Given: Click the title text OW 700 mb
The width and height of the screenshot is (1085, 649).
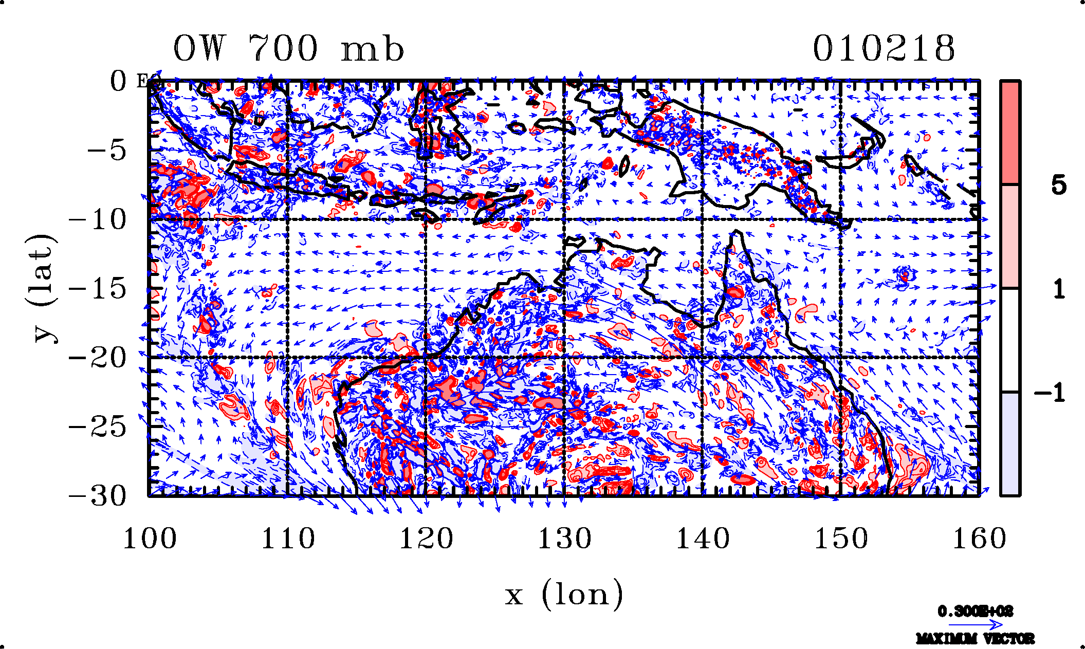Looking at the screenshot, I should point(288,49).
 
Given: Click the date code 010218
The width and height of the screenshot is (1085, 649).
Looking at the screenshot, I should point(884,49).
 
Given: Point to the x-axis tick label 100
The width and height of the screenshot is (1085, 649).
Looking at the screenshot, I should point(150,539).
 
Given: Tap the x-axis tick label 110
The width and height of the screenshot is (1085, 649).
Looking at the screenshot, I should point(288,539).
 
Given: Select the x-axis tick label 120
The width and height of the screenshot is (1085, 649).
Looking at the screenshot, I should point(426,539).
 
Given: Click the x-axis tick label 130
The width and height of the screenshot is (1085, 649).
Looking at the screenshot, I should point(564,539).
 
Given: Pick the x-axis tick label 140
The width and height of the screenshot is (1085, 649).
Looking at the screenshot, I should point(703,539).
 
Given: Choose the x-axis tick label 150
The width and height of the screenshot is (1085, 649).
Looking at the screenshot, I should point(841,539).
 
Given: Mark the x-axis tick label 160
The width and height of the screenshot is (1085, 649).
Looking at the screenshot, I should point(979,539).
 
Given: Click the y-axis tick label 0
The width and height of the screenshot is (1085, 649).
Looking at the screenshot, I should point(118,81).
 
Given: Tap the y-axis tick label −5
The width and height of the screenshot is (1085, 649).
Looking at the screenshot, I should point(106,151).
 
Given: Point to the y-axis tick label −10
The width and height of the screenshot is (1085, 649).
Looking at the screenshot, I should point(98,220).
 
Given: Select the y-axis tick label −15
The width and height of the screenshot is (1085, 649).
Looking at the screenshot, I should point(98,289).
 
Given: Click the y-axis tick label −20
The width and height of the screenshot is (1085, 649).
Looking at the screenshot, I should point(98,358).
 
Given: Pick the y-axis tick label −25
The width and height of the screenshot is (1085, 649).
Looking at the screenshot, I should point(98,427).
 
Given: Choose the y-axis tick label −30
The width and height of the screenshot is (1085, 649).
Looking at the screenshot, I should point(98,496).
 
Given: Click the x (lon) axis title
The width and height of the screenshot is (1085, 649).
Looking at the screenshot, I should point(564,595).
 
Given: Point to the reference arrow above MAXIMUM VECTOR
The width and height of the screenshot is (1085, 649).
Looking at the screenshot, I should point(975,625).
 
